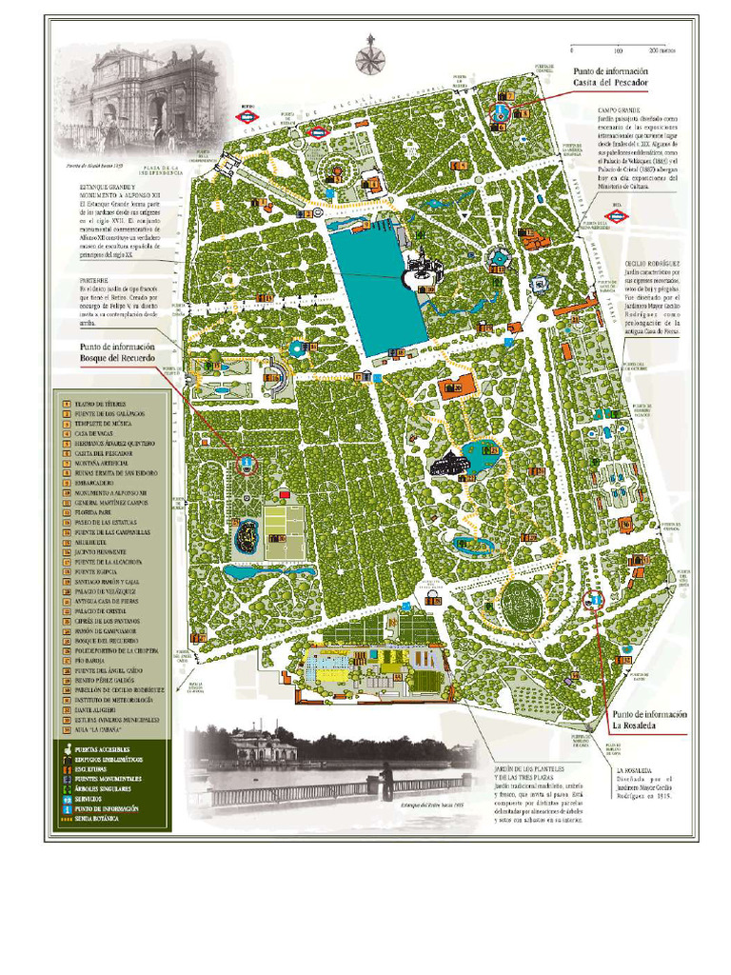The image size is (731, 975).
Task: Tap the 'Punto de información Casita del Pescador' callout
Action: point(610,78)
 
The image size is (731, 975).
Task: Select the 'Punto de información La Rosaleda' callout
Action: point(648,720)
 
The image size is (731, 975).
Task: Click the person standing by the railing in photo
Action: point(385,780)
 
